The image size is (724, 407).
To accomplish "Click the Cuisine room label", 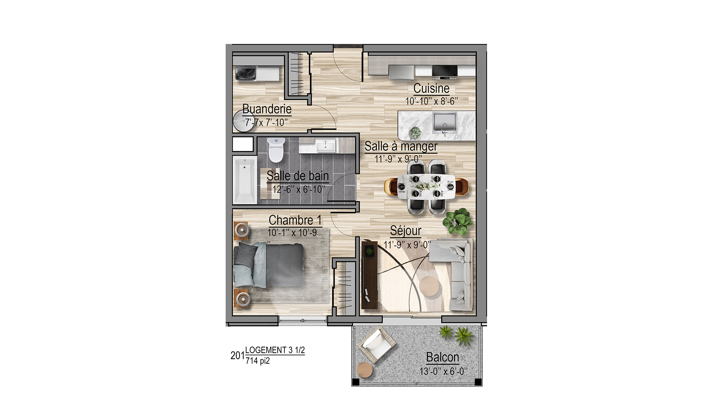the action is coord(431,88).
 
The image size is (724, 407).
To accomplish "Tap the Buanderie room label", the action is coord(267,109).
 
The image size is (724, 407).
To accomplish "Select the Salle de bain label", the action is coord(298,176).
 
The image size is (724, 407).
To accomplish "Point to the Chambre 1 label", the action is coord(295,220).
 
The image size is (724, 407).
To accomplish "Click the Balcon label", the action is coord(443,357).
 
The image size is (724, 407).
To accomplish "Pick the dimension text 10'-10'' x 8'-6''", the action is coord(431,101).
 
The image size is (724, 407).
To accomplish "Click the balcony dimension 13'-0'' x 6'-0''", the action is coord(443,371).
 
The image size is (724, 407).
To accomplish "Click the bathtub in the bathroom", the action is coord(244,180).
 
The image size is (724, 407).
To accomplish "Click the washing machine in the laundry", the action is coord(246,73).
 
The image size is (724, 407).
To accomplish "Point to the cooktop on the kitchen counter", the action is coord(444,71).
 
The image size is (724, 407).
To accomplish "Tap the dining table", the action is coord(426,187).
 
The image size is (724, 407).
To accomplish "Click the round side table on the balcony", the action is coord(365,370).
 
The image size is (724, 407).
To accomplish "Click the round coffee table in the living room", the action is coord(429,286).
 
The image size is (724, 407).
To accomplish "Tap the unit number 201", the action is coord(237,355).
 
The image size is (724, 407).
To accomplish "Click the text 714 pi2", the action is coord(258,361).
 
